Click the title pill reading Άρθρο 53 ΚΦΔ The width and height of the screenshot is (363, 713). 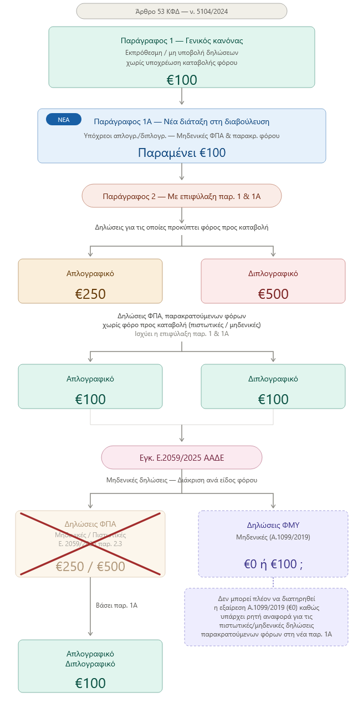181,11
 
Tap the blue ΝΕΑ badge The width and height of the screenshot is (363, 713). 64,119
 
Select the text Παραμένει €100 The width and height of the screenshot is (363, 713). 181,152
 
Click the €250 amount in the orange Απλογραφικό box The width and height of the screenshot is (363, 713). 90,294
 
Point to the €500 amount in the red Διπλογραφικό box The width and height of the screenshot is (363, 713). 273,294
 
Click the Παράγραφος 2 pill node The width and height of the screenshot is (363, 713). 181,196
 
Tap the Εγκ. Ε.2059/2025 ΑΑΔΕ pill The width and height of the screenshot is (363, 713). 181,457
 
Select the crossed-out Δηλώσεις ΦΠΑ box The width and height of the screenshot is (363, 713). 90,543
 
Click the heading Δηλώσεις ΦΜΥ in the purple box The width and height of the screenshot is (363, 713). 273,524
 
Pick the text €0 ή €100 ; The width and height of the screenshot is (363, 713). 273,564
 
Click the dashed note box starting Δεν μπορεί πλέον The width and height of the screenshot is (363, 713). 266,617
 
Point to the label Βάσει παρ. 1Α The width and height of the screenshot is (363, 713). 116,605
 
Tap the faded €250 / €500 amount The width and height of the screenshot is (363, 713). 90,567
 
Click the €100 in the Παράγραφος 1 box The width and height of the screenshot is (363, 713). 181,80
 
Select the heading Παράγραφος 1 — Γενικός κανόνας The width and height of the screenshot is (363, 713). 181,40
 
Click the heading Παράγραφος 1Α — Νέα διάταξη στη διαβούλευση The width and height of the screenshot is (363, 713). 181,121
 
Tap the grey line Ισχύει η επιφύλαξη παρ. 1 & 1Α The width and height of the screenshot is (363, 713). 181,334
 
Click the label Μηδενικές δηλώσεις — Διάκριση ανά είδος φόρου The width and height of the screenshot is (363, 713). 181,480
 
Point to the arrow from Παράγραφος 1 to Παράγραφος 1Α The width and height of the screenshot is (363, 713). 181,96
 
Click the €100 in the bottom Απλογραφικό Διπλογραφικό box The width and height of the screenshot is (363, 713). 90,683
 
